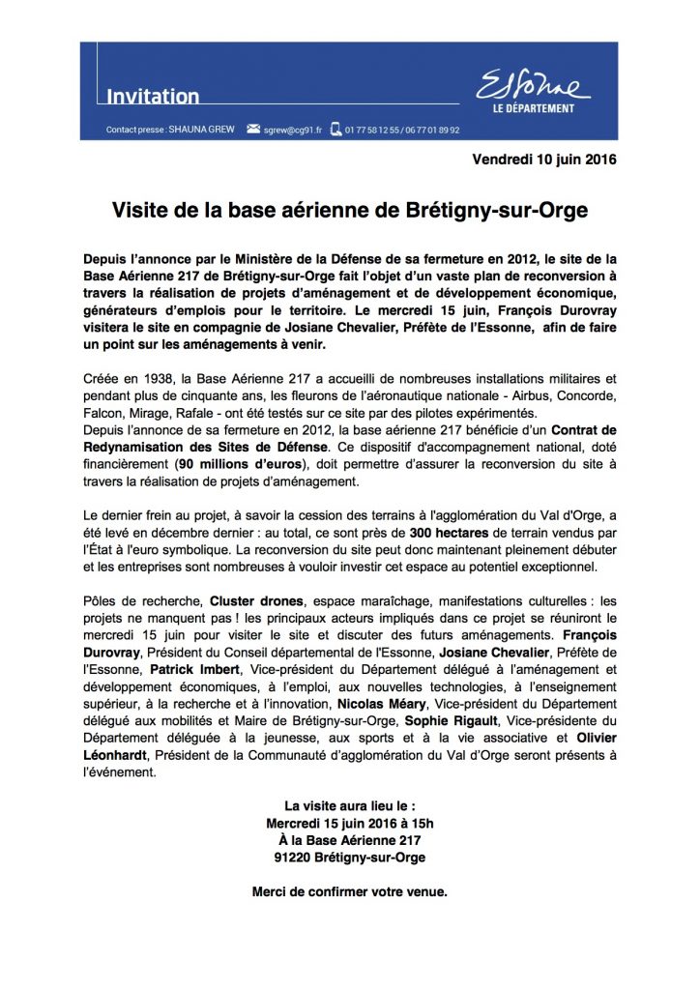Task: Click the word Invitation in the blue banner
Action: (152, 97)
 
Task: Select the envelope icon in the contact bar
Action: (254, 128)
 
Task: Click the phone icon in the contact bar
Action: (335, 128)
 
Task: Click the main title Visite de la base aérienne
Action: (350, 210)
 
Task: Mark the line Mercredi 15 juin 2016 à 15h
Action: (350, 823)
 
